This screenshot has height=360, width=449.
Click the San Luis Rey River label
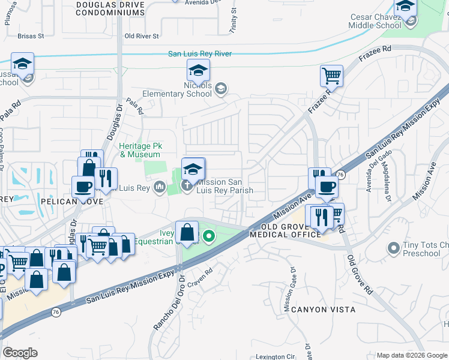[199, 54]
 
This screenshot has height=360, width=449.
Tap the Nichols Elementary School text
[177, 90]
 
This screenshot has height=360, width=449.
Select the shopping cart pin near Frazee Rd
[331, 76]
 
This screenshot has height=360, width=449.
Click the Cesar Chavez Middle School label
[375, 22]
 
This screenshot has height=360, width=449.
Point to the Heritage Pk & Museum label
[140, 150]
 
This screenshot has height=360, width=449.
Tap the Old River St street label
[141, 36]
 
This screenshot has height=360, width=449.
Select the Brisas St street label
[31, 36]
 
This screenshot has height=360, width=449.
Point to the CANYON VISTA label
[323, 310]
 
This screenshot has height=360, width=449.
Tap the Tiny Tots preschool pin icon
[394, 247]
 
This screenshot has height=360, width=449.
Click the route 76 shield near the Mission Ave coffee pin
[340, 174]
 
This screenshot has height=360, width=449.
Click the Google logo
[20, 353]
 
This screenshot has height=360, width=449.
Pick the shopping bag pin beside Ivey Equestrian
[187, 231]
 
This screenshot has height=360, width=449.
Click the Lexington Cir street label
[276, 356]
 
